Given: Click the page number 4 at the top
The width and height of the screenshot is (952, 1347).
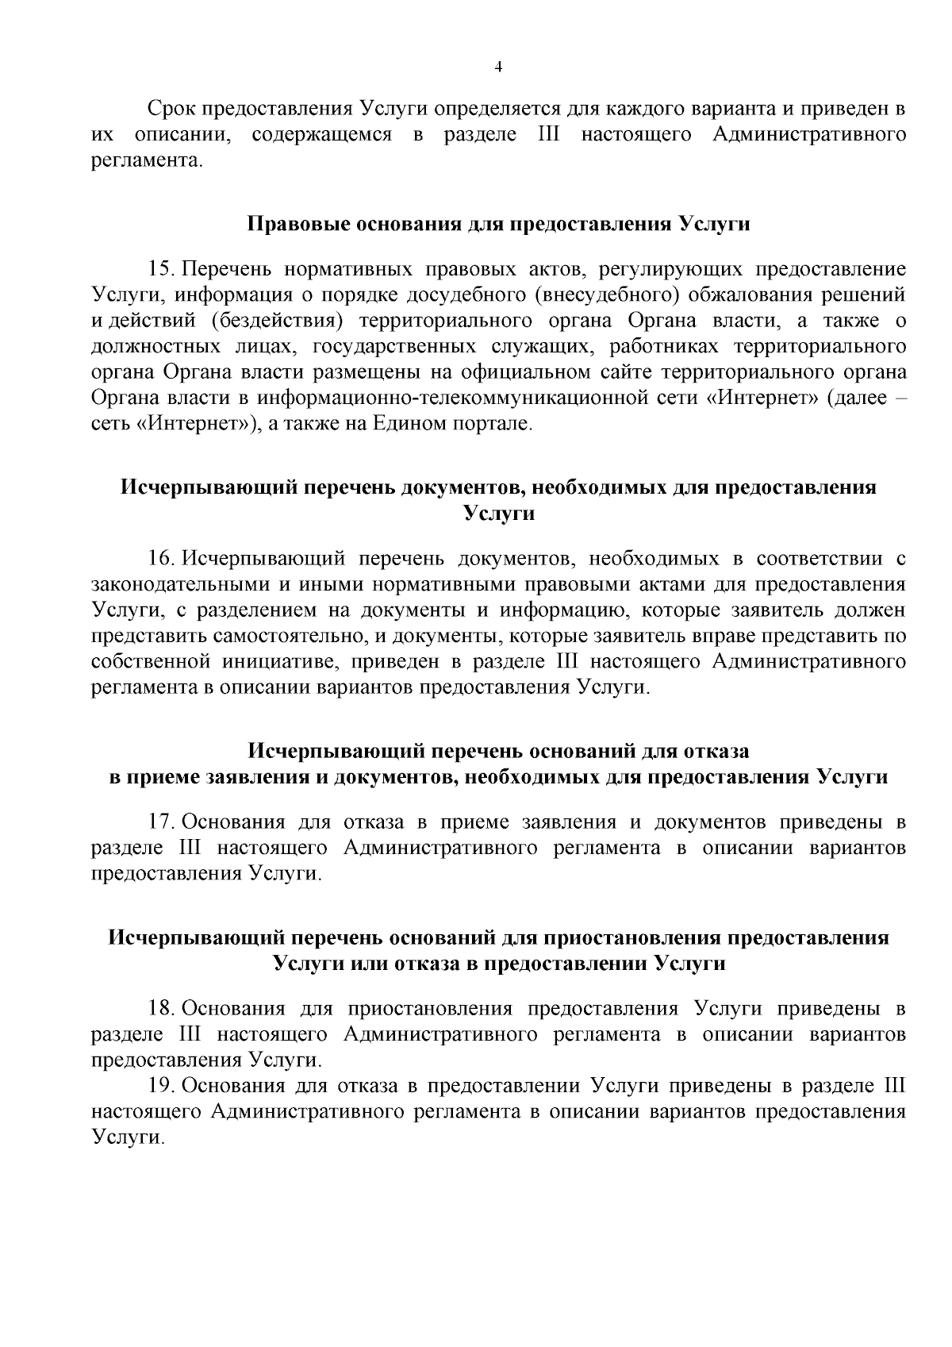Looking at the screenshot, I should click(498, 67).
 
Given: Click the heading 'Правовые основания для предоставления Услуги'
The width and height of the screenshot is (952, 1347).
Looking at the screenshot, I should click(499, 224).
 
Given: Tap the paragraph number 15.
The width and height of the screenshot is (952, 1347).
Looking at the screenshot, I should click(160, 270).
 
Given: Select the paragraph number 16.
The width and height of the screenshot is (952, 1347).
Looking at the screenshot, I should click(160, 559).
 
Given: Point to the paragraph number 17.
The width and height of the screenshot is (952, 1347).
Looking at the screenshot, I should click(160, 822).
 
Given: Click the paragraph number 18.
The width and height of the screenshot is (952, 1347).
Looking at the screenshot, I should click(160, 1009).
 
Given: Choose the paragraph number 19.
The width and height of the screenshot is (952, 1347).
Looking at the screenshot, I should click(160, 1085).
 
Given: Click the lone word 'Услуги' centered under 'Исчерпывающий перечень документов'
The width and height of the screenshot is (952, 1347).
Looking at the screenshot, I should click(498, 514).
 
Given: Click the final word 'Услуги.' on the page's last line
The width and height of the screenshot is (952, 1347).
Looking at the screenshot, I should click(128, 1137).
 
